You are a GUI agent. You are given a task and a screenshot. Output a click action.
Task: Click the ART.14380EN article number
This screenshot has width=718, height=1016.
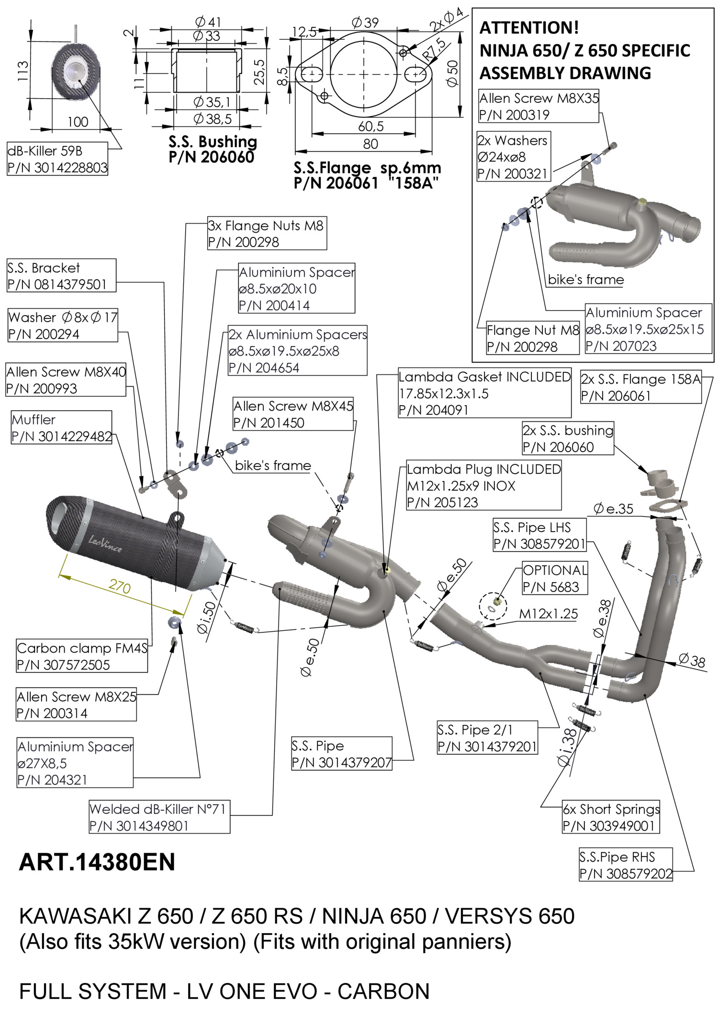(97, 862)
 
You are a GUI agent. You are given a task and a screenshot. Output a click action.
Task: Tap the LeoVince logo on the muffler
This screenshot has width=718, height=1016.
(105, 543)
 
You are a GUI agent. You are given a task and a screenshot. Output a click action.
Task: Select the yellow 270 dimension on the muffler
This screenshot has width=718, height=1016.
(120, 586)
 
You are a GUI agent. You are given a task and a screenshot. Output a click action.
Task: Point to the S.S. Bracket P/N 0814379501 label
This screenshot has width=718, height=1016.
(61, 276)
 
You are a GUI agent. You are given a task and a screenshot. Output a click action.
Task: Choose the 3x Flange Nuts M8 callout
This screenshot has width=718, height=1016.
(267, 234)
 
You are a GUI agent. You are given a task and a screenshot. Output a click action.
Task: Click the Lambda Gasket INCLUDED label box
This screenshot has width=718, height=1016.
(484, 394)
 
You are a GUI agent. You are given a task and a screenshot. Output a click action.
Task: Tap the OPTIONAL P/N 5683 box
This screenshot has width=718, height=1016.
(554, 578)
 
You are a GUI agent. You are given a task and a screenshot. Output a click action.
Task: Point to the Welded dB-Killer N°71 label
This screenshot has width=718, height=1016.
(159, 817)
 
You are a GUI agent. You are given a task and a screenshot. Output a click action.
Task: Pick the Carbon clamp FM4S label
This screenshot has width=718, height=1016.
(82, 656)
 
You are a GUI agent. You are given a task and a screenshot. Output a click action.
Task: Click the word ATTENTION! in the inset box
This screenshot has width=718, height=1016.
(529, 28)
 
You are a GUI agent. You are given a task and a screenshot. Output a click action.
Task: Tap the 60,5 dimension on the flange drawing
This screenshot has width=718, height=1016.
(370, 126)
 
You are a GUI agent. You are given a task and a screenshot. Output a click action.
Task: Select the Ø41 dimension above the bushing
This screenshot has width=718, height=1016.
(208, 22)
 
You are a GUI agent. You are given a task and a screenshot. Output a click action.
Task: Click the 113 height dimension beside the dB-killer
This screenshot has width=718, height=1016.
(22, 71)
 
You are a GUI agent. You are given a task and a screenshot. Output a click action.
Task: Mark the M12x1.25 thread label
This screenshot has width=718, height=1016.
(549, 613)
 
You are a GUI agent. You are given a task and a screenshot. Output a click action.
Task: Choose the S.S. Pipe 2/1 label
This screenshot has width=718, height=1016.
(487, 738)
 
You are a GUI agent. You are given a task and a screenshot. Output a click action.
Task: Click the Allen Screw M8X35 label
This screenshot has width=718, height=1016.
(538, 106)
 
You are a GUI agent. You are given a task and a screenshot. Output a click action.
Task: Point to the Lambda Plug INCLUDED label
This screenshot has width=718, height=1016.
(483, 485)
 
